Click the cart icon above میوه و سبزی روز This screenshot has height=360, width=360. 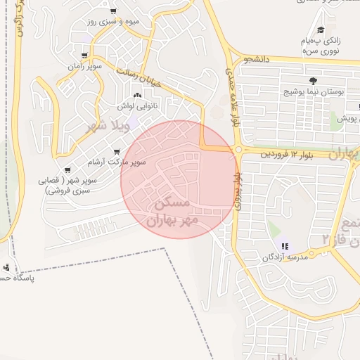pos(114,12)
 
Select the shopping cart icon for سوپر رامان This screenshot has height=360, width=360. pos(85,55)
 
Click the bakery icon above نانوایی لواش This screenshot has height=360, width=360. pos(136,96)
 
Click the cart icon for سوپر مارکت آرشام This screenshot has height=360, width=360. pos(117,152)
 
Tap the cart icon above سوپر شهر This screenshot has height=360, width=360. pos(67,170)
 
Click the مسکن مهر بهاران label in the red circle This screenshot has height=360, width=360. pos(172,211)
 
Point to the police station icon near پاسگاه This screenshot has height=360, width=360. pos(6,267)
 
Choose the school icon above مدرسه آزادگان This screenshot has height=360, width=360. pos(285,246)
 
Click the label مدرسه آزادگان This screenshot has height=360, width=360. pos(285,257)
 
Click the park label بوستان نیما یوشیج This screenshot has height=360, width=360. pos(315,92)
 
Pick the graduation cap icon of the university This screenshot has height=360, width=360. pos(321,30)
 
